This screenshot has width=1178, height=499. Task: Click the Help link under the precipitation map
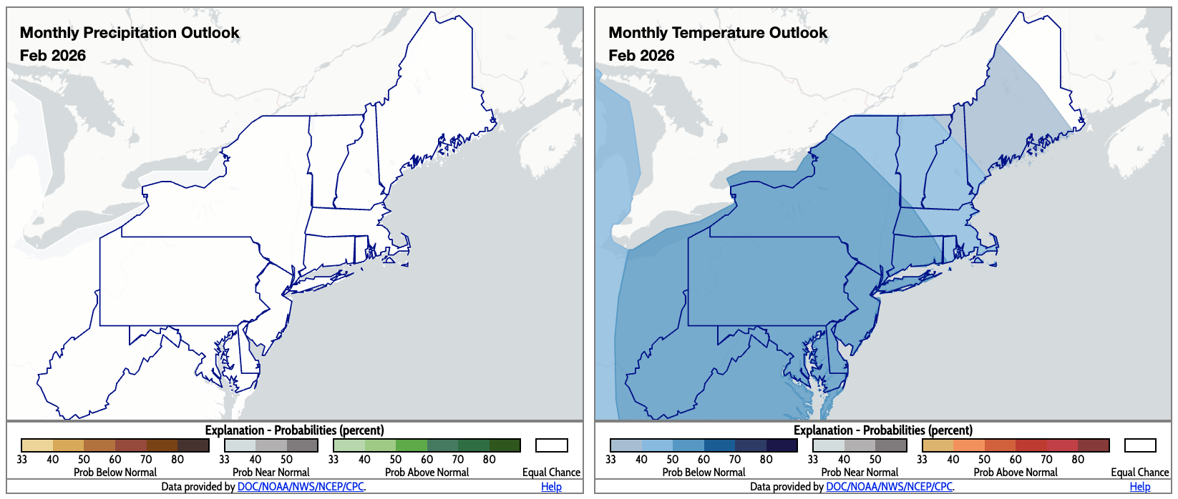point(551,487)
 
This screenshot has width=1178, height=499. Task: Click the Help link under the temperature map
point(1140,487)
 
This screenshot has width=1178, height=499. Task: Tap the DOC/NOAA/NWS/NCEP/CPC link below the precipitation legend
point(301,487)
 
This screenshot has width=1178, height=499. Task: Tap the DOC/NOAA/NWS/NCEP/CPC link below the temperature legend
point(889,487)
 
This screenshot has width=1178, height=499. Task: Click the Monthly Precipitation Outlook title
point(130,33)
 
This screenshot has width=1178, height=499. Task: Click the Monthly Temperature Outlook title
point(718,33)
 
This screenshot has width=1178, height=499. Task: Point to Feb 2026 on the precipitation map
point(53,56)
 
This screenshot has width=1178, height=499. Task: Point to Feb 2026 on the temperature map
point(641,56)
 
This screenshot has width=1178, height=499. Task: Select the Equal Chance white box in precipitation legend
point(552,445)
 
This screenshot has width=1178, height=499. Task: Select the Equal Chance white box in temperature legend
point(1140,445)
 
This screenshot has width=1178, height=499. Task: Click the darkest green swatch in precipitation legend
point(505,445)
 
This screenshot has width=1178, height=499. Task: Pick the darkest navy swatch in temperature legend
point(782,445)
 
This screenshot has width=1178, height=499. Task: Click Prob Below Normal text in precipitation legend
point(115,473)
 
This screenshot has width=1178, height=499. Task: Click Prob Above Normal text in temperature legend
point(1016,473)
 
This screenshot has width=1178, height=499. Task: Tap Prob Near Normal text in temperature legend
point(860,473)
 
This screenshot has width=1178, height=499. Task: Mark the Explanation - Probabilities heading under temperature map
point(882,430)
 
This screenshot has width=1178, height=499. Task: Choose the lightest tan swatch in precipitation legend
point(37,445)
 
